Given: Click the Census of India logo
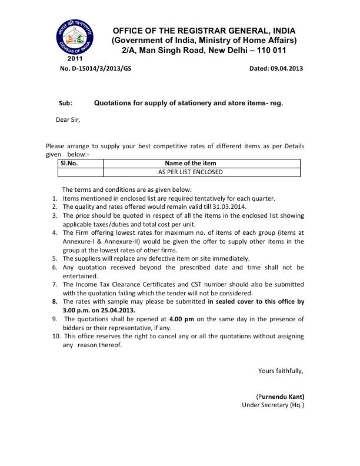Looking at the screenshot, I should click(x=75, y=36).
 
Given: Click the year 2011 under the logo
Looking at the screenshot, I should click(x=75, y=59).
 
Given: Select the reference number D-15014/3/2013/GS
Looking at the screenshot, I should click(x=95, y=68).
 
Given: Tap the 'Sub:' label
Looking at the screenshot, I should click(x=65, y=103).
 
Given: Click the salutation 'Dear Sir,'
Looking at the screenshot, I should click(x=68, y=119).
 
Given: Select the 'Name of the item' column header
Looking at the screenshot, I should click(x=191, y=163).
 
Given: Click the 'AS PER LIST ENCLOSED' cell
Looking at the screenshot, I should click(x=191, y=172).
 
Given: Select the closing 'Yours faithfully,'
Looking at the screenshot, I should click(x=281, y=371).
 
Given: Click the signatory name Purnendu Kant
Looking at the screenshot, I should click(x=281, y=396).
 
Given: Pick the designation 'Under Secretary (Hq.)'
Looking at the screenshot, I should click(x=273, y=405).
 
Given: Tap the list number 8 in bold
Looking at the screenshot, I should click(x=55, y=301).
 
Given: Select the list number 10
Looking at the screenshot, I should click(x=56, y=336).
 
